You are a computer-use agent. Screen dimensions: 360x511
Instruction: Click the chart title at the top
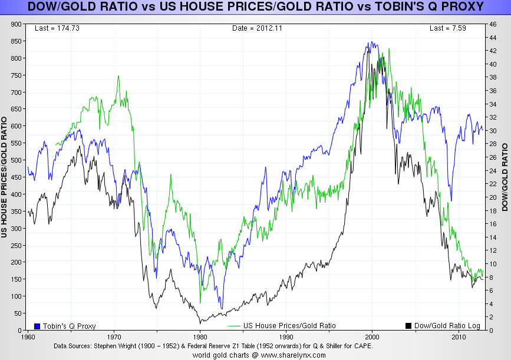255,7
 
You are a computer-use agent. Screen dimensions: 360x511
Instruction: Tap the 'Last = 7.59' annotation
447,28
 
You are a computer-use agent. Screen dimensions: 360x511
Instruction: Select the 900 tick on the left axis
15,24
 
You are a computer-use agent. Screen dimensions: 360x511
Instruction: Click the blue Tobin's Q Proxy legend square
37,326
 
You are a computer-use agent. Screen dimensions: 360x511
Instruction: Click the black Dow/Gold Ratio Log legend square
408,326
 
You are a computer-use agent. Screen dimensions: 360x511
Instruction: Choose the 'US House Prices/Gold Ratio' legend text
289,326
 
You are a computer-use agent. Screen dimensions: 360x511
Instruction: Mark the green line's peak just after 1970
118,76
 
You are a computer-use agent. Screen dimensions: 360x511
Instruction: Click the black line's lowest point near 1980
200,322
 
